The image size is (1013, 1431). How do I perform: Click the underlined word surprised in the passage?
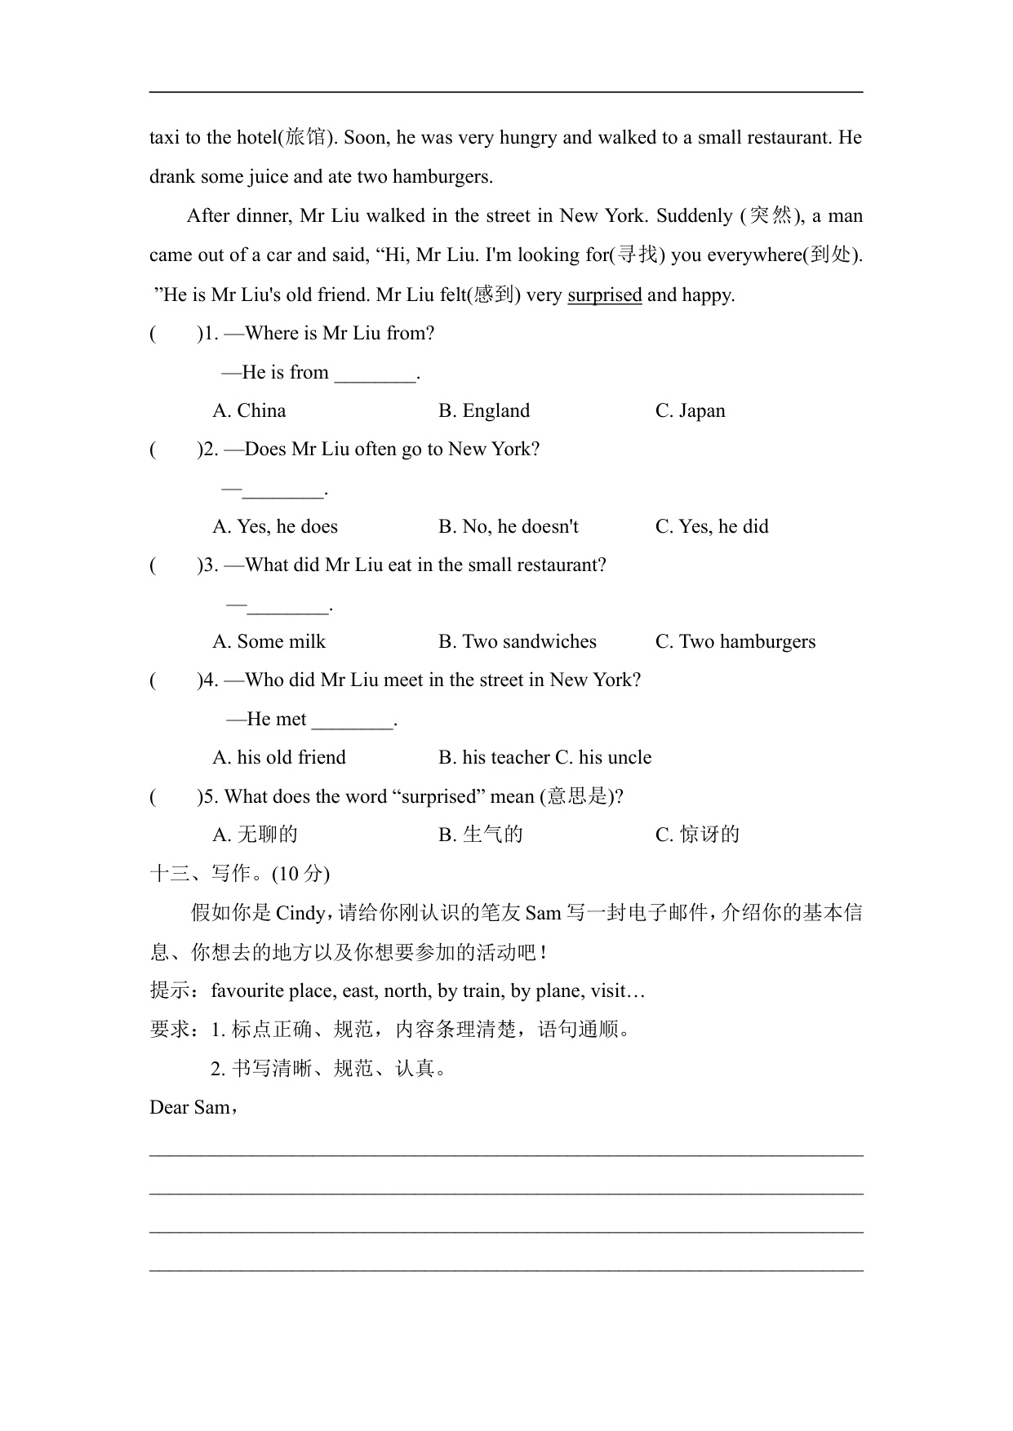pyautogui.click(x=604, y=295)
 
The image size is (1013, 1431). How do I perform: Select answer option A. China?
pyautogui.click(x=249, y=410)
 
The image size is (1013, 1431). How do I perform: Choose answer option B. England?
pyautogui.click(x=483, y=410)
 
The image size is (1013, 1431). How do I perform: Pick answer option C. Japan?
pyautogui.click(x=690, y=410)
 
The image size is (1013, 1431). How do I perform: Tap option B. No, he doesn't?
pyautogui.click(x=508, y=526)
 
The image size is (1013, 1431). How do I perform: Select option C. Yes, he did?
pyautogui.click(x=712, y=526)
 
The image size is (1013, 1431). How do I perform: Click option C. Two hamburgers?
pyautogui.click(x=735, y=641)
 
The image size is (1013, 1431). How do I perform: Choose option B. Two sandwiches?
pyautogui.click(x=517, y=641)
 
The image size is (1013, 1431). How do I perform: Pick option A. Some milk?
pyautogui.click(x=269, y=641)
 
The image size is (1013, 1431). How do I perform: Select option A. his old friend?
pyautogui.click(x=279, y=757)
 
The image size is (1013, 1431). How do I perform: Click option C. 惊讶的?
pyautogui.click(x=697, y=834)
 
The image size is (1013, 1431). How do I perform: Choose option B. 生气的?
pyautogui.click(x=480, y=834)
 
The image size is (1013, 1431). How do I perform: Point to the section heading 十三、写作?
pyautogui.click(x=200, y=873)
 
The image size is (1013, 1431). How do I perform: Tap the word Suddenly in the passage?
pyautogui.click(x=694, y=215)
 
